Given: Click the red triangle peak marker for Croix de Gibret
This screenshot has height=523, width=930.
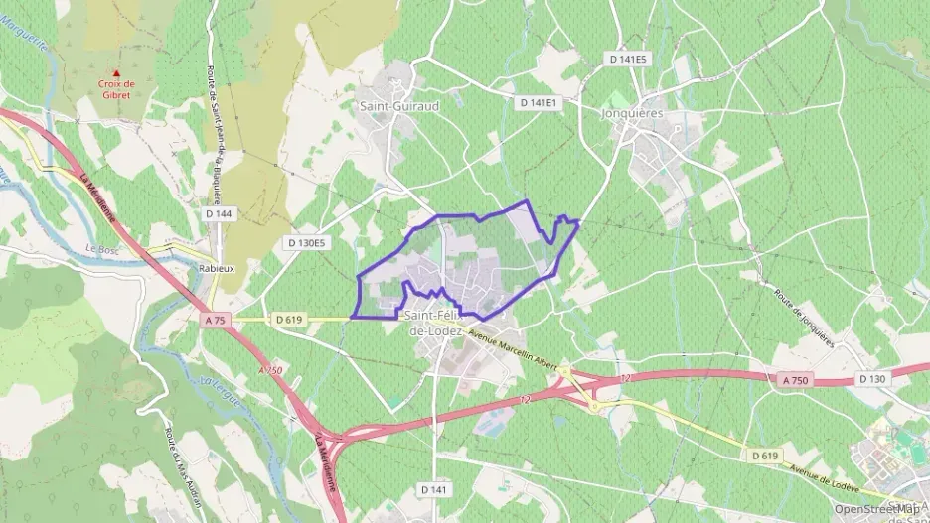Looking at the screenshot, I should coord(117,73).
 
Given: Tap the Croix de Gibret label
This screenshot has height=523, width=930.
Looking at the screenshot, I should coord(117,90).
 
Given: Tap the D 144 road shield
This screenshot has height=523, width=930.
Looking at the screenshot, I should coord(218,213).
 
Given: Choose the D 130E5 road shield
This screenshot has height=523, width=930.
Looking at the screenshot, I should coord(306,242).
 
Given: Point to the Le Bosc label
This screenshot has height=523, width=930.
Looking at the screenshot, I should coord(102,249).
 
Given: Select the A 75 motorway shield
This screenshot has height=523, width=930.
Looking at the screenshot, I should coord(217,320).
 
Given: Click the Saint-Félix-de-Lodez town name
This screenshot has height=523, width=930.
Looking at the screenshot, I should coord(437,323).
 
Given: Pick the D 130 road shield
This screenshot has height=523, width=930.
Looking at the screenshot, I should coord(871,379).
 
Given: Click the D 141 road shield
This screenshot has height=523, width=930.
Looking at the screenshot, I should coord(433,489).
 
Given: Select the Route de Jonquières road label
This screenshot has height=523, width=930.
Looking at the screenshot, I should coord(804,317).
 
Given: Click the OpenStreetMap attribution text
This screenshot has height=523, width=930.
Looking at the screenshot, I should coord(876,508).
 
